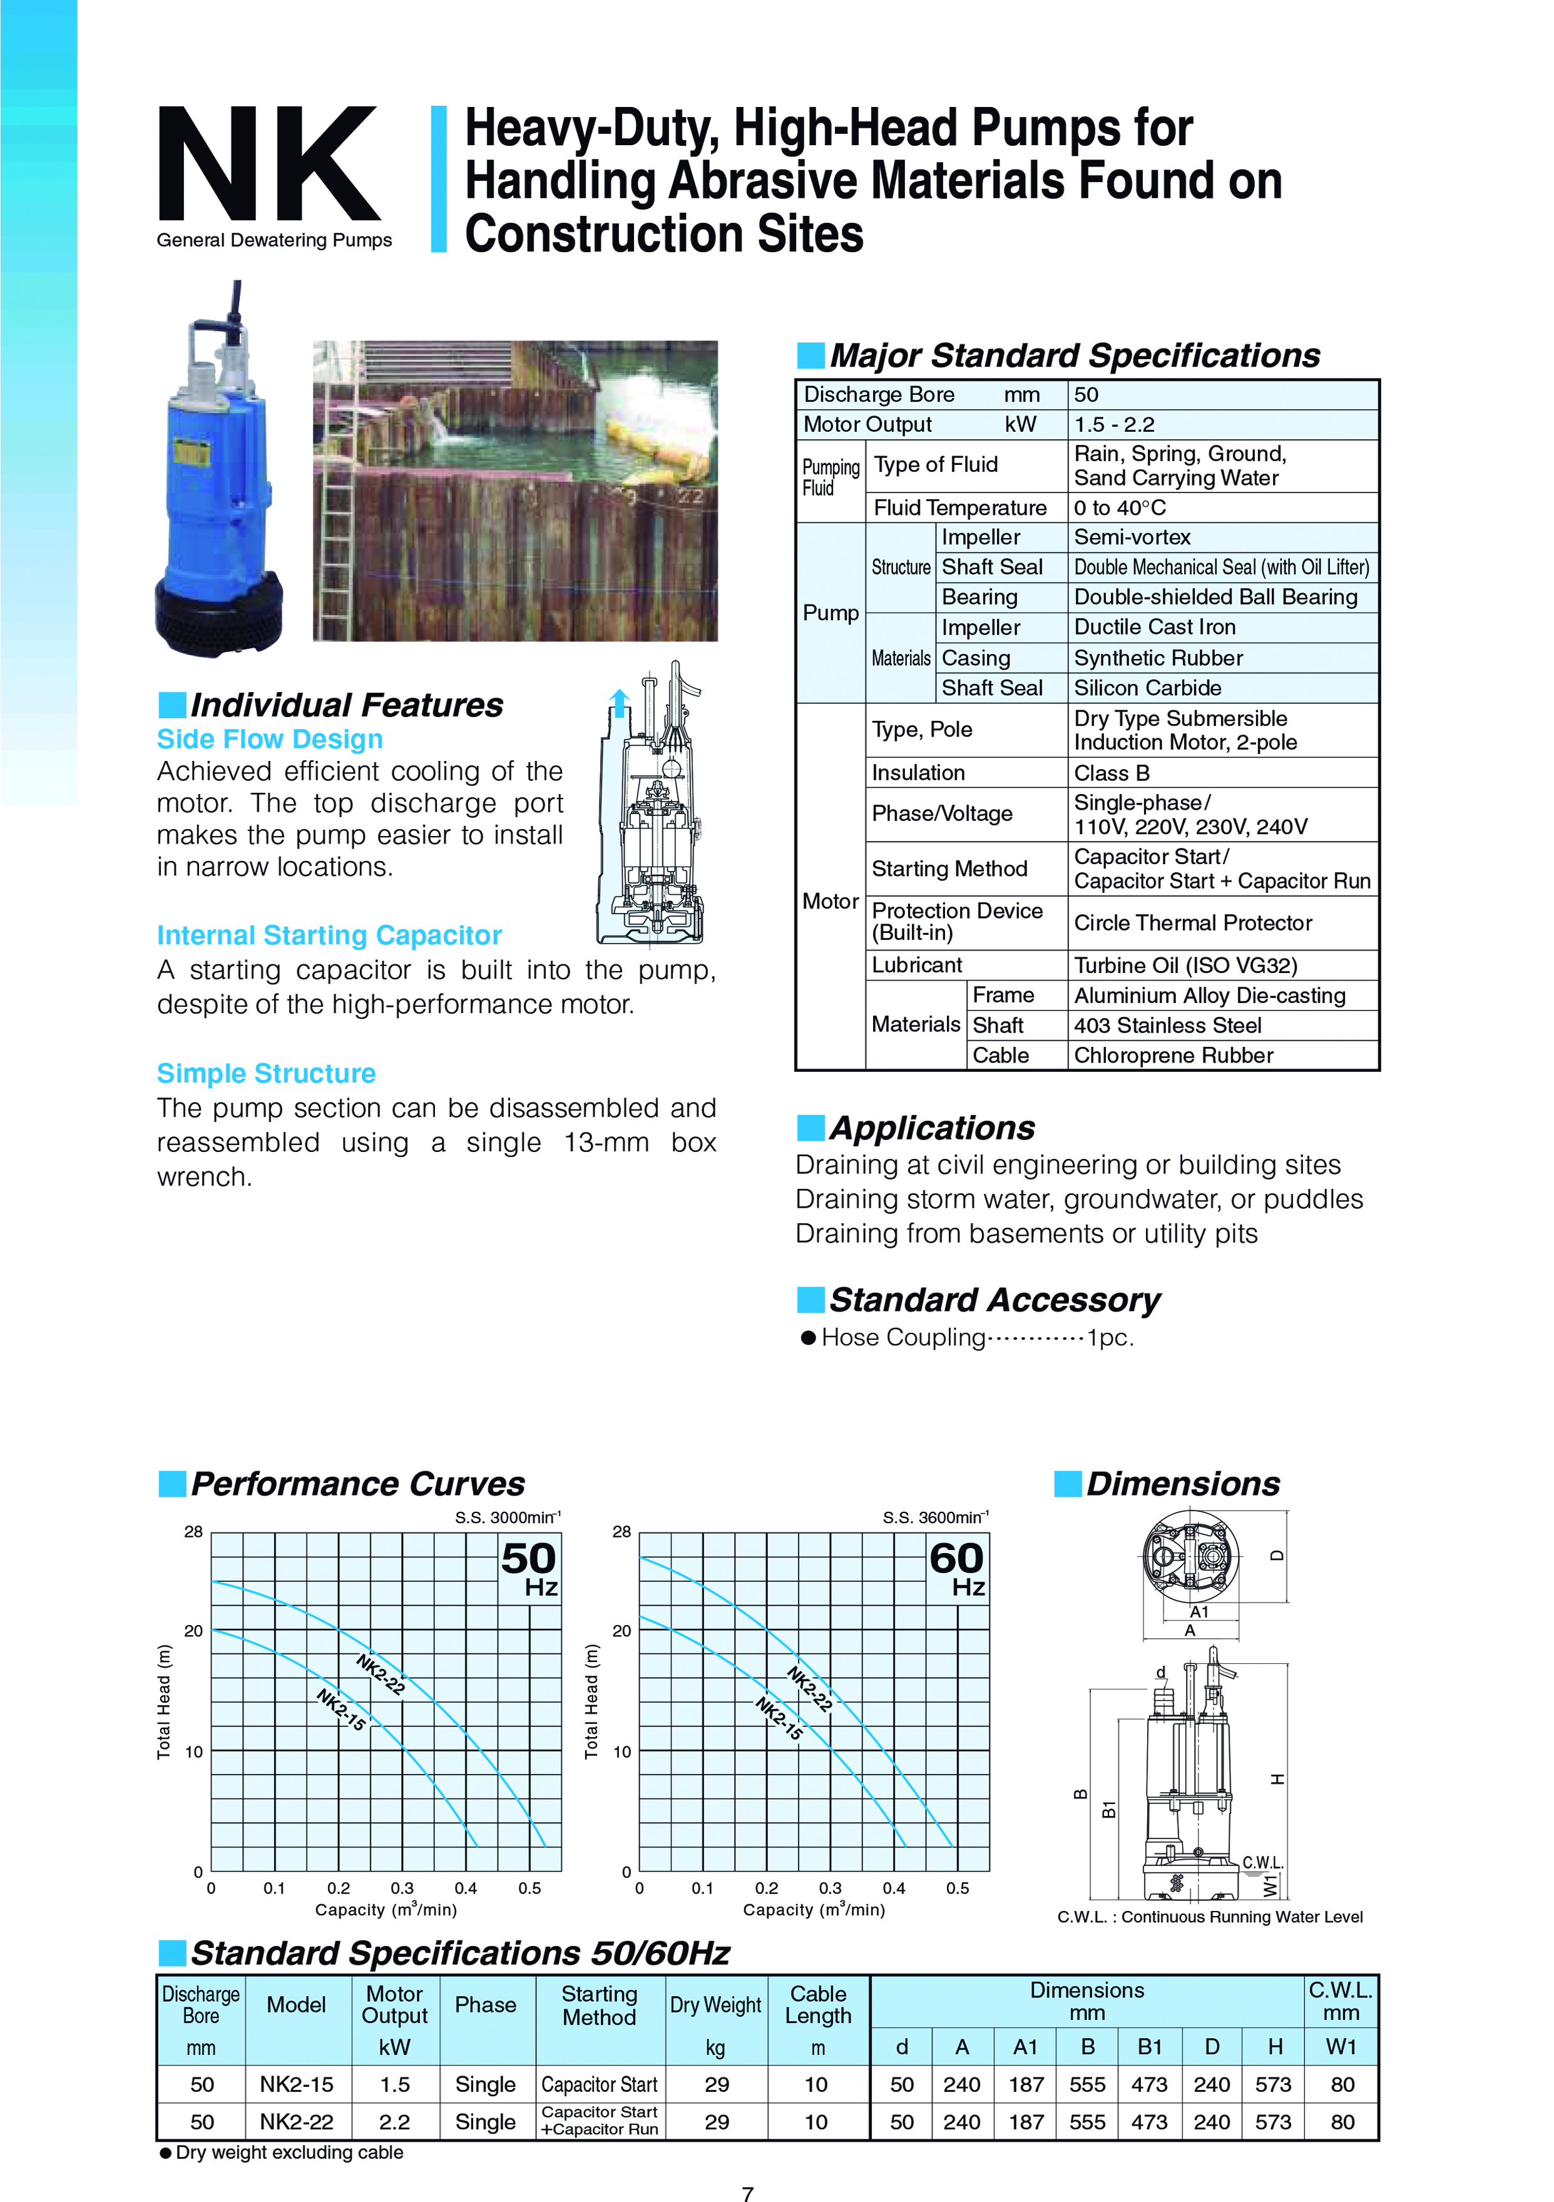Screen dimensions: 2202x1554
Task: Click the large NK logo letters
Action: click(x=268, y=165)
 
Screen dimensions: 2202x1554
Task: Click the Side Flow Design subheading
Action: click(x=270, y=740)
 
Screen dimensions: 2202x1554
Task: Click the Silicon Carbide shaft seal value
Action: click(x=1147, y=688)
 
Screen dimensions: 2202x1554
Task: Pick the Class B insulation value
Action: click(x=1111, y=773)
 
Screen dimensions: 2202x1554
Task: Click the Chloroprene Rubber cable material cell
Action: click(x=1173, y=1055)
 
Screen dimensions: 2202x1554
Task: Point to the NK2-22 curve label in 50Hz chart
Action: click(x=381, y=1674)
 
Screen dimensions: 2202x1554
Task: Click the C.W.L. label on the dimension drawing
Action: click(x=1262, y=1862)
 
